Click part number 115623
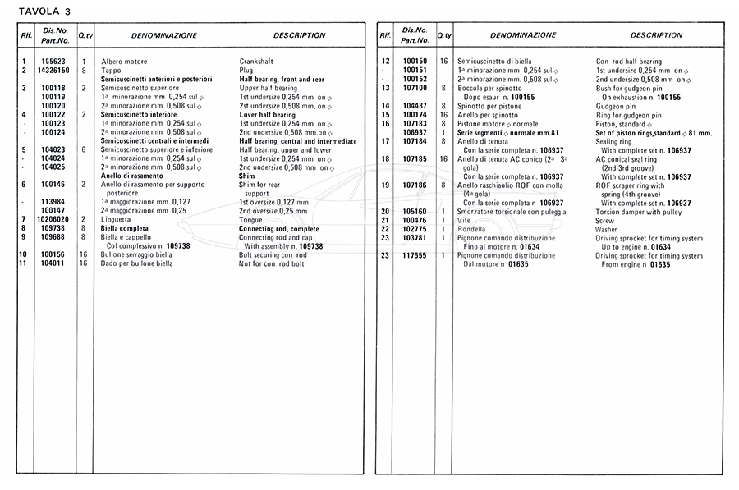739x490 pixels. pyautogui.click(x=53, y=62)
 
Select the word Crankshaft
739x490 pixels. pyautogui.click(x=256, y=62)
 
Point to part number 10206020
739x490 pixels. pyautogui.click(x=53, y=220)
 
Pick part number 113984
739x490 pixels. pyautogui.click(x=53, y=203)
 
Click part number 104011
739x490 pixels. pyautogui.click(x=53, y=263)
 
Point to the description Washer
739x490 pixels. pyautogui.click(x=608, y=229)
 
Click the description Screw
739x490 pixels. pyautogui.click(x=605, y=220)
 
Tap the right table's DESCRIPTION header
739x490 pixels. pyautogui.click(x=656, y=36)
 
